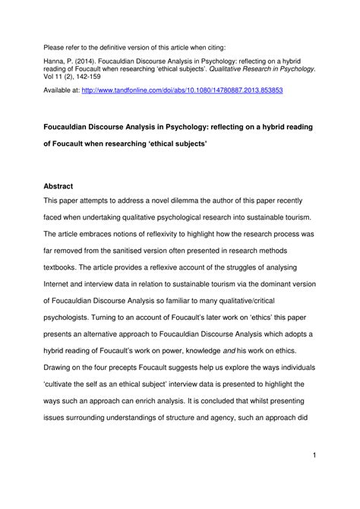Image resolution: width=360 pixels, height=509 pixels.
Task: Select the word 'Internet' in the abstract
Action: (x=61, y=286)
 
